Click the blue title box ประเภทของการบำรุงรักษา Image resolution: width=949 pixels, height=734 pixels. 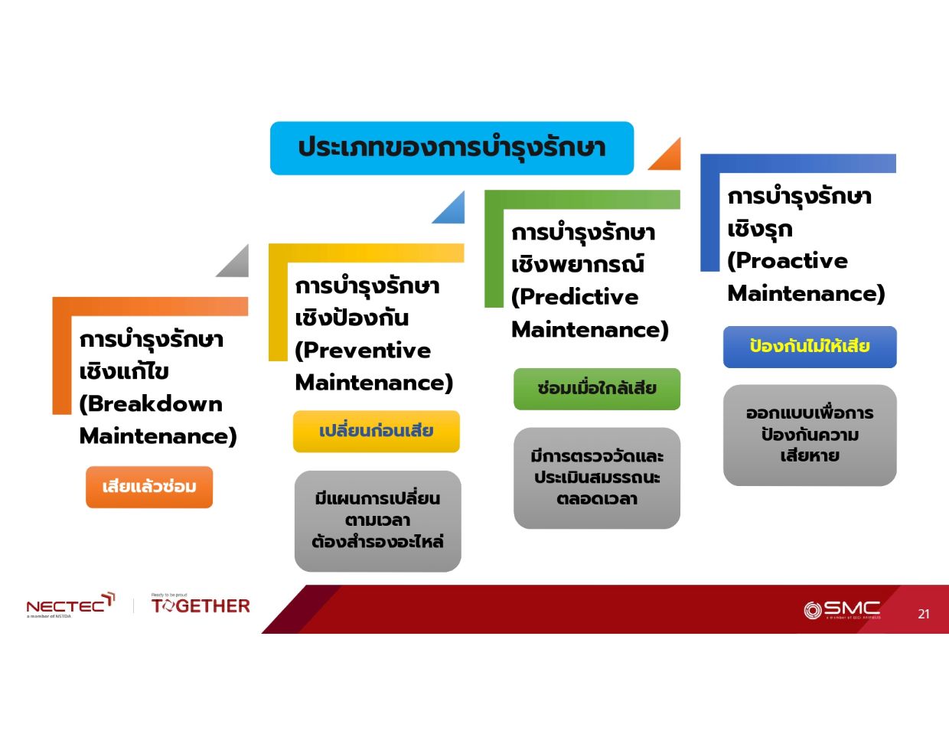pos(452,148)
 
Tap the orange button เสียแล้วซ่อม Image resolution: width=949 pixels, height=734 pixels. pos(149,487)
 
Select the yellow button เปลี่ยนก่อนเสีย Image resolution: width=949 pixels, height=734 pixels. pos(376,432)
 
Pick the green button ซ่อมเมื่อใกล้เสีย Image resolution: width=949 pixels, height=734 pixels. pos(596,389)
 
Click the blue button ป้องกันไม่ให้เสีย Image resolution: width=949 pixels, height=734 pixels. pos(810,347)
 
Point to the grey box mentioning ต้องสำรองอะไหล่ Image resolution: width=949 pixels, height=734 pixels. pos(378,521)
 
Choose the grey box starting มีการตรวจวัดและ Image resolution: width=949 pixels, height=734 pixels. pos(596,478)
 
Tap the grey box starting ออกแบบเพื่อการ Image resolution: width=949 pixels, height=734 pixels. pos(810,435)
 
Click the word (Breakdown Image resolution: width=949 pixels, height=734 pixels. pos(151,404)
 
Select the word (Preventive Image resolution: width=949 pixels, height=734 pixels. pos(363,351)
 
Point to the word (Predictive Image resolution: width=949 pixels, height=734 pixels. pos(574,298)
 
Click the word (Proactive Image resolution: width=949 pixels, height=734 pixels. pos(787,261)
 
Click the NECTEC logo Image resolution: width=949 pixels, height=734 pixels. pos(70,605)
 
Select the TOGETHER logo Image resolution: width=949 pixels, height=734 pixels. pos(201,605)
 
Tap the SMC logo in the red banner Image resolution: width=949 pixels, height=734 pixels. pos(842,609)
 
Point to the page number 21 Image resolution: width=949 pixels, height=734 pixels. pos(923,614)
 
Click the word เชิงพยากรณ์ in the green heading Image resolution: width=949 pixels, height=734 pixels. pos(577,265)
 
